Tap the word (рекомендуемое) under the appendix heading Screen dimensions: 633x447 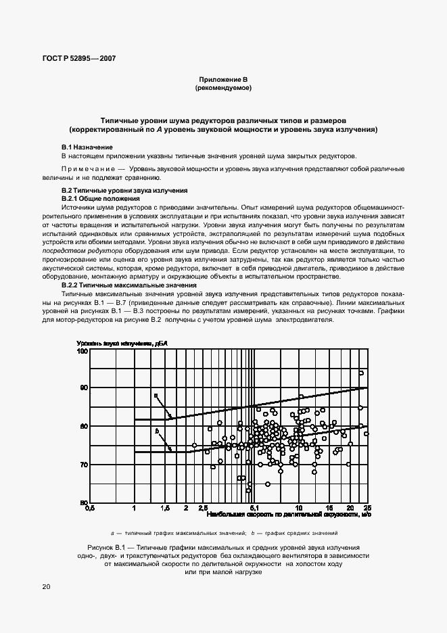point(223,89)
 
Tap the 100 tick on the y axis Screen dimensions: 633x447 point(83,350)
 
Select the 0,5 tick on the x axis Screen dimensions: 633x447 point(88,508)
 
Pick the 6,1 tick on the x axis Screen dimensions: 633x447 point(254,508)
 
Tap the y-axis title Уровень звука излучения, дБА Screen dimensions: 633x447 point(122,344)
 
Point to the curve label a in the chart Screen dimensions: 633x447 point(155,396)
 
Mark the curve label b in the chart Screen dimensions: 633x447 point(156,431)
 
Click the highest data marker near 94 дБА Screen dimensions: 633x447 point(361,373)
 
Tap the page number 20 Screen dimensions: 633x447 point(45,586)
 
